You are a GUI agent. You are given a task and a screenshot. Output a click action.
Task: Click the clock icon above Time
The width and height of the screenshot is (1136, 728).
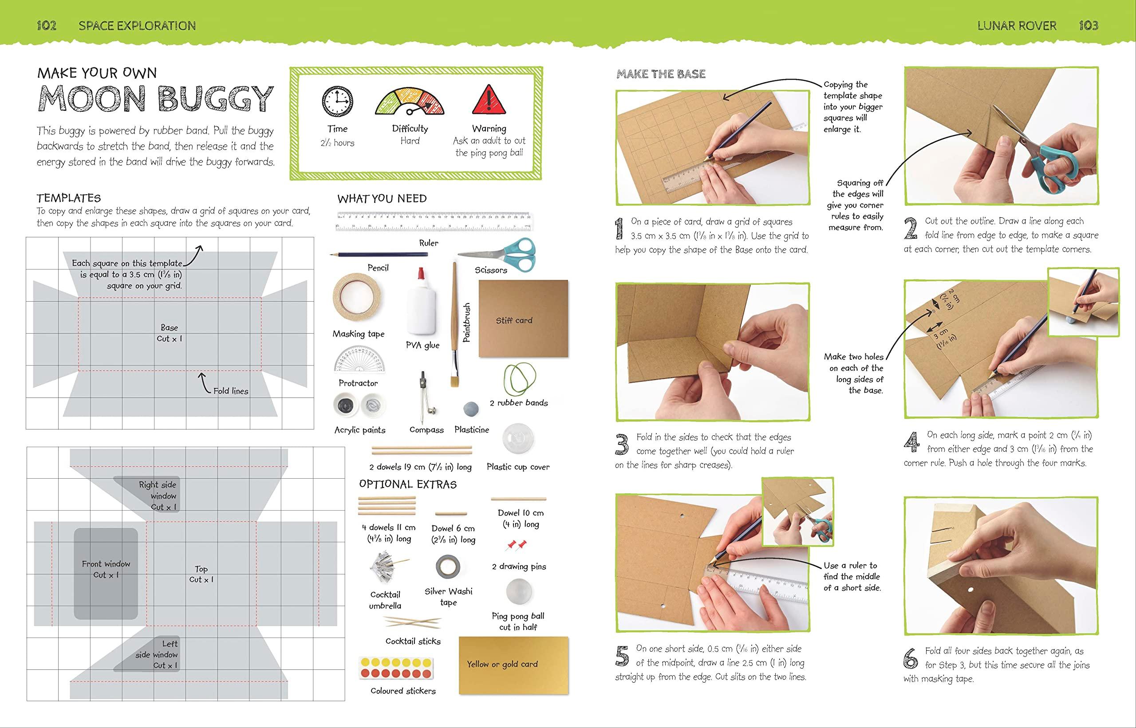(337, 102)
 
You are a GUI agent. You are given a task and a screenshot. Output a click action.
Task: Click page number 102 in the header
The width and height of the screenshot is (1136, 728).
(47, 26)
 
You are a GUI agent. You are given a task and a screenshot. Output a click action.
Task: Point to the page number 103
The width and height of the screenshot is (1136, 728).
(1088, 26)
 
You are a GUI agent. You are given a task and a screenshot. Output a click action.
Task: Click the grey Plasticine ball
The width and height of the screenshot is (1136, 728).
(471, 409)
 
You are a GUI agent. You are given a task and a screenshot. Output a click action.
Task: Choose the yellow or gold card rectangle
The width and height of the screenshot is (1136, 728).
(513, 665)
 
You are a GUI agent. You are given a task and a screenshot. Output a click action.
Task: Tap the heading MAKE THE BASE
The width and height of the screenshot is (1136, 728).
(661, 74)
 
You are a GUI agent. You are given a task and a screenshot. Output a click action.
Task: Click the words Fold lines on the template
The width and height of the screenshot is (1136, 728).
(231, 391)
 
